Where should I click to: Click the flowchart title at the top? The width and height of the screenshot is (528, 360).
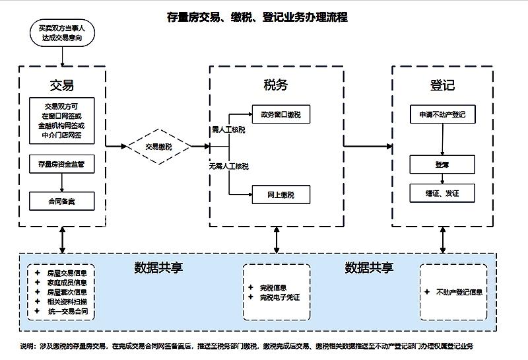pyautogui.click(x=257, y=17)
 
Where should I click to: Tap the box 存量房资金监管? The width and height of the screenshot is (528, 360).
pyautogui.click(x=62, y=164)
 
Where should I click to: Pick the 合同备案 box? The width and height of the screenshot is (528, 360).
pyautogui.click(x=62, y=200)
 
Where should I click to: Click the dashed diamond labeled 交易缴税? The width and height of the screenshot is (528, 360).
pyautogui.click(x=158, y=147)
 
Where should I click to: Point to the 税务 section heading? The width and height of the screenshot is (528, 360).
pyautogui.click(x=276, y=85)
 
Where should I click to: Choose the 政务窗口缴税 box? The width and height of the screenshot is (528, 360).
pyautogui.click(x=280, y=114)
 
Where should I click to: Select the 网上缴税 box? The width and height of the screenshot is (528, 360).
pyautogui.click(x=280, y=195)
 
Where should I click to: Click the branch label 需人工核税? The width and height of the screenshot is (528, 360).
pyautogui.click(x=228, y=130)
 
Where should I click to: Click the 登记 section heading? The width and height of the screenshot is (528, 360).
pyautogui.click(x=442, y=85)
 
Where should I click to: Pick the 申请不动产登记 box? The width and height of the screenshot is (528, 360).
pyautogui.click(x=442, y=114)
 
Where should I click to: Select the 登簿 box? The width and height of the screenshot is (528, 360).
pyautogui.click(x=442, y=164)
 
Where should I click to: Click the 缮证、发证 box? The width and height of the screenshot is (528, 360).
pyautogui.click(x=442, y=194)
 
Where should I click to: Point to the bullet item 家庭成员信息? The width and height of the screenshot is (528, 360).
pyautogui.click(x=67, y=282)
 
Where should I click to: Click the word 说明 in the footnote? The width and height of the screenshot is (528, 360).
pyautogui.click(x=27, y=345)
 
